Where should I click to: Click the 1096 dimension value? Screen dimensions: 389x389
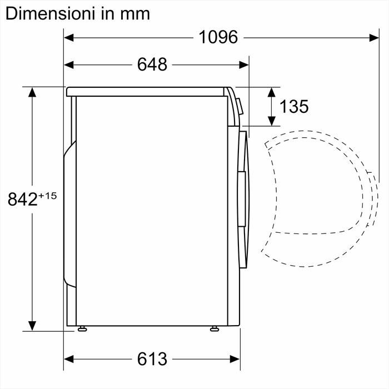(218, 37)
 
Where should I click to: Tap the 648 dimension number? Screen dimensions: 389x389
(152, 64)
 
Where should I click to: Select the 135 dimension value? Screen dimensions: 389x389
(294, 106)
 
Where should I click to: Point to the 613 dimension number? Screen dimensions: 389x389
(152, 359)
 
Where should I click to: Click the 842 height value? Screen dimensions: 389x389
(22, 198)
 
